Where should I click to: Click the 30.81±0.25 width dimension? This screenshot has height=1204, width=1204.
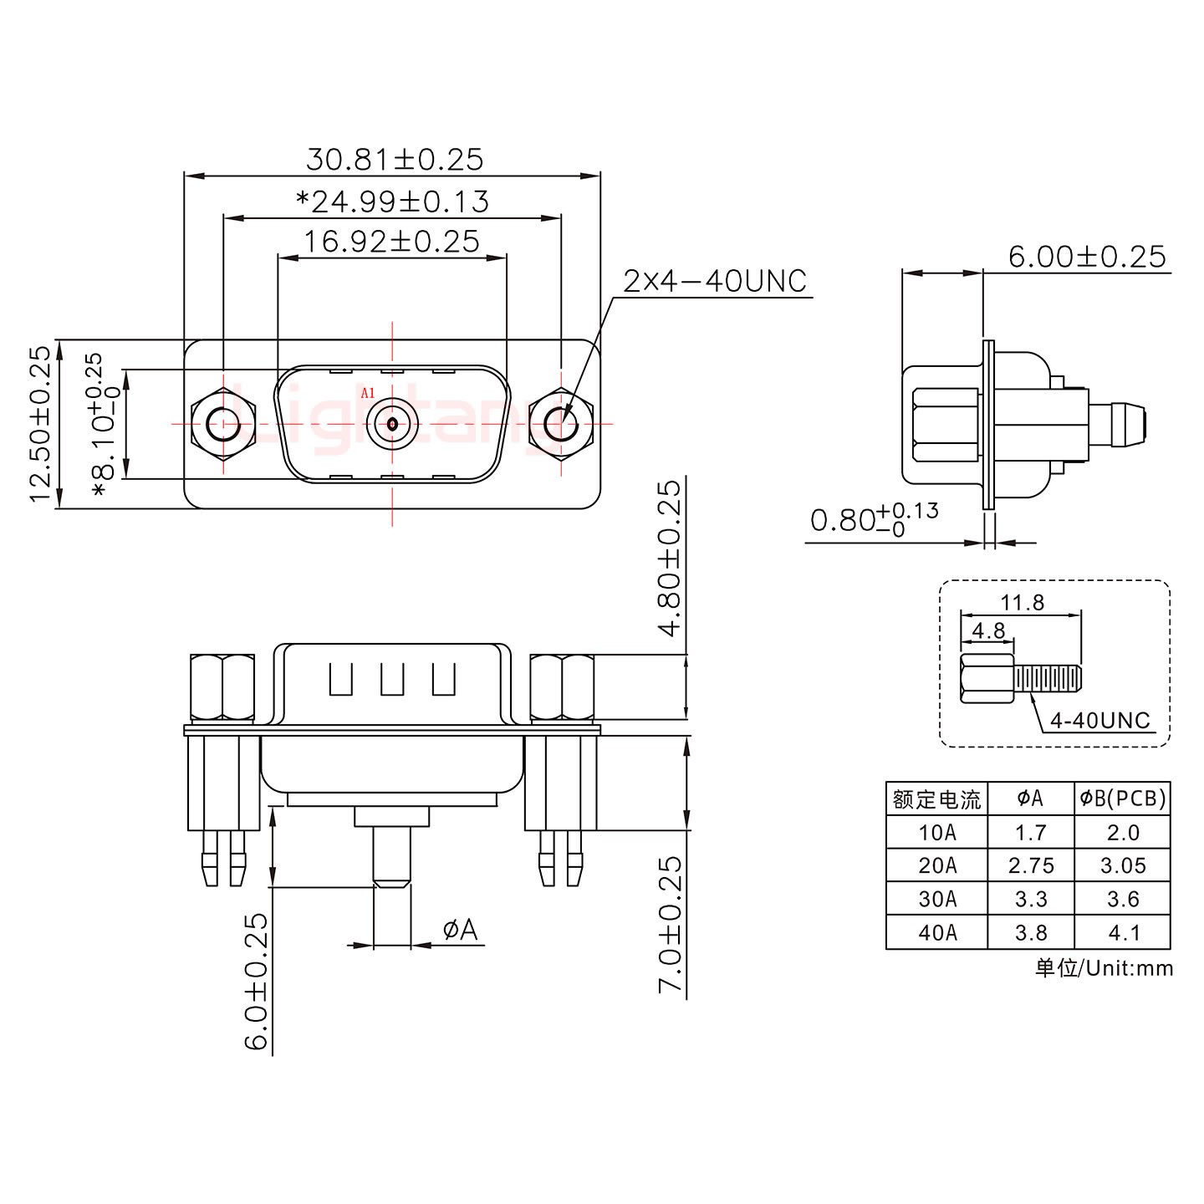[x=395, y=159]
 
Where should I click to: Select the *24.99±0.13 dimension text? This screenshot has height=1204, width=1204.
[x=393, y=202]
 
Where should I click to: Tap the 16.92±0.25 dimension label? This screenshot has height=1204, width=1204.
[x=391, y=242]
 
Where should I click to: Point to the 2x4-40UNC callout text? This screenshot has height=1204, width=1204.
[x=715, y=282]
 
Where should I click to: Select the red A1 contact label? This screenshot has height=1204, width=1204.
[x=367, y=393]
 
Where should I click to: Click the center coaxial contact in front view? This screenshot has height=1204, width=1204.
[x=392, y=424]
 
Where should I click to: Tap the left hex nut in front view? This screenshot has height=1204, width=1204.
[x=222, y=424]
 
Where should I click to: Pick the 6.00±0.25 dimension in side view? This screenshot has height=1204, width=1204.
[x=1086, y=257]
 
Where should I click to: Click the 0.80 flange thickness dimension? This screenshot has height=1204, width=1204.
[x=873, y=521]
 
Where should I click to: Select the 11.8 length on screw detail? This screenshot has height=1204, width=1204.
[x=1022, y=602]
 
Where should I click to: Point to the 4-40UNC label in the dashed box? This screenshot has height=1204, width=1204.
[x=1099, y=720]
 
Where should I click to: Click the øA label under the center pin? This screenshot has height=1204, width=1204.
[x=460, y=929]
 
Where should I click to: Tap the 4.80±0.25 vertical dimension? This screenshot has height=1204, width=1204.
[x=671, y=559]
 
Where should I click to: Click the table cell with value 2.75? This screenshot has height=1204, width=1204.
[x=1030, y=865]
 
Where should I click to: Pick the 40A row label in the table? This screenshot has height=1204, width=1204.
[x=936, y=932]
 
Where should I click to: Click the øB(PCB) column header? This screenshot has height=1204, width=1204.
[x=1122, y=799]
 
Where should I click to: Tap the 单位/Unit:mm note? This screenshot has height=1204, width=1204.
[x=1104, y=968]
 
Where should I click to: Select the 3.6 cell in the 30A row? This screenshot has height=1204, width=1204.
[x=1122, y=899]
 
